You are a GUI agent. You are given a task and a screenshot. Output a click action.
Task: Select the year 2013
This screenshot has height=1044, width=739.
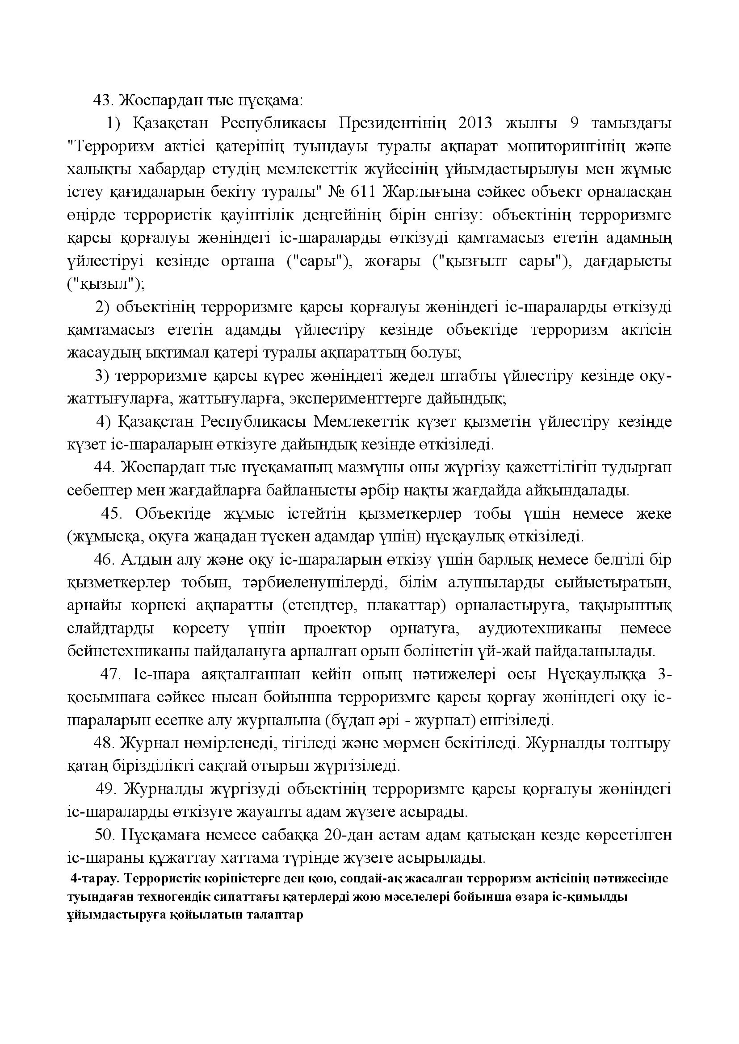[476, 123]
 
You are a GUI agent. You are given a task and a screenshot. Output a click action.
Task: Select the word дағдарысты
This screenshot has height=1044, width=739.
[627, 262]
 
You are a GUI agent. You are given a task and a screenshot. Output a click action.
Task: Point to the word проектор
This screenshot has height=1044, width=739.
[338, 629]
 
